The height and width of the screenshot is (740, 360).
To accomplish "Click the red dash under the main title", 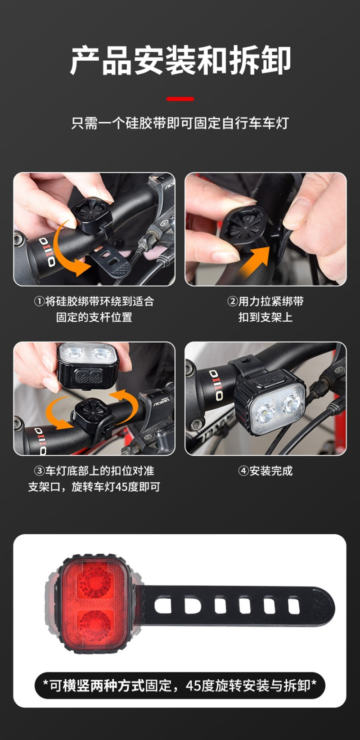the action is coord(180,99).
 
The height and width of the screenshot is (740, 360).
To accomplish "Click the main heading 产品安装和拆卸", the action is coord(180,60).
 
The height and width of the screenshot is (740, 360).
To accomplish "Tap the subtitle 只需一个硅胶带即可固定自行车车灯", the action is coord(180,123).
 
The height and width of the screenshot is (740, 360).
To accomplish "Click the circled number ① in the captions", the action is coord(39,301).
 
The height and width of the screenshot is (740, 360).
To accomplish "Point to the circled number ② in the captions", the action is coord(232,301).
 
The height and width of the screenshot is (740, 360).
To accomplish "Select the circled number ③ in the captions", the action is coord(39,471).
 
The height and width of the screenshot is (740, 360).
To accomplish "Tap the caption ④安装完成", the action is coord(265,471).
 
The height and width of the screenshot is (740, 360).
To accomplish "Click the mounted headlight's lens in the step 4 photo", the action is coord(278,408).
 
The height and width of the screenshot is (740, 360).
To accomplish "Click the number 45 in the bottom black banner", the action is coord(193,686).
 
